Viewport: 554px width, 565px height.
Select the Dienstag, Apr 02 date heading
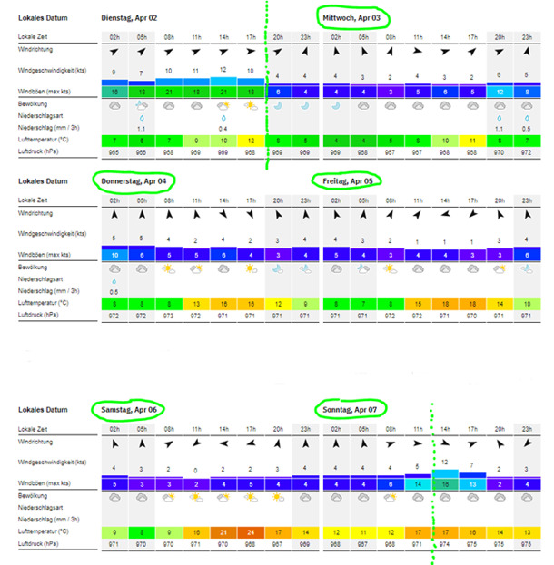pyautogui.click(x=133, y=17)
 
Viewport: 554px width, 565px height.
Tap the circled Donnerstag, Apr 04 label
pyautogui.click(x=135, y=180)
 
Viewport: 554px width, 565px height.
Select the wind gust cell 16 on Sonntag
pyautogui.click(x=446, y=484)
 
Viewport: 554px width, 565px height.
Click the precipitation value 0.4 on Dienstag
pyautogui.click(x=223, y=128)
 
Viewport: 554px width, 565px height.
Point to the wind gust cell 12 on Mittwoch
pyautogui.click(x=500, y=92)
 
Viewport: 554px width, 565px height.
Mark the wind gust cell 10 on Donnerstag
pyautogui.click(x=114, y=256)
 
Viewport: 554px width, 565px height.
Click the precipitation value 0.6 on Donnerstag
pyautogui.click(x=114, y=292)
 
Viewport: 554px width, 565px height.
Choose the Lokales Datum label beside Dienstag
pyautogui.click(x=41, y=17)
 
